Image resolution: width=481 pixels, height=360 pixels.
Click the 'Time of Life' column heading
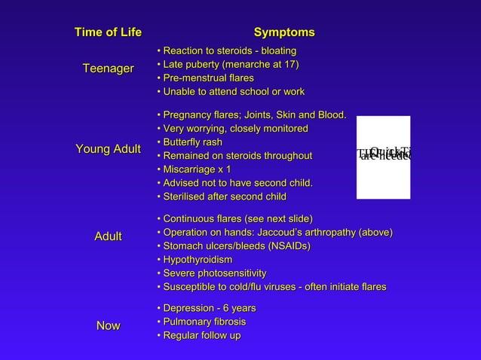[108, 32]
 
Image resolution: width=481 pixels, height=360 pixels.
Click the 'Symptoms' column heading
[284, 32]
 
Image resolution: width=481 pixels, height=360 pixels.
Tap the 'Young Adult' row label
[108, 149]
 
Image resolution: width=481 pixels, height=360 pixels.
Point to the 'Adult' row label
[108, 237]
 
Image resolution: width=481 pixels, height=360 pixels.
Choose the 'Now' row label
[108, 325]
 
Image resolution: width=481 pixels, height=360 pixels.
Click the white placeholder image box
[383, 157]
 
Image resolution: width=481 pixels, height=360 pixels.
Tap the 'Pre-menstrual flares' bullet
[205, 78]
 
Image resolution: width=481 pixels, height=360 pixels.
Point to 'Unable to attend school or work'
[230, 92]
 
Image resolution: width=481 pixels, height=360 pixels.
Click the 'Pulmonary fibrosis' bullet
[204, 322]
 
